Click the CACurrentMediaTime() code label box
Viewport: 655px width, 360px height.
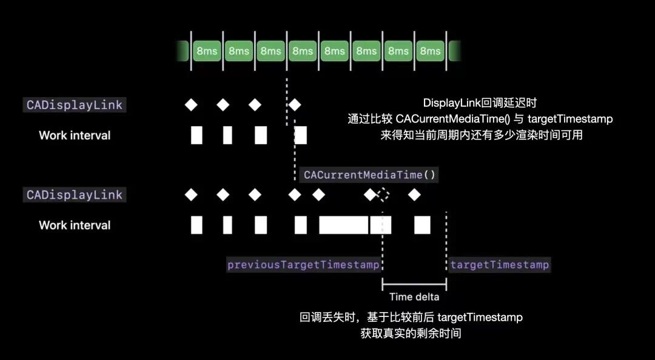pos(369,175)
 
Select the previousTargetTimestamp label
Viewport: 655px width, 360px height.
pos(303,265)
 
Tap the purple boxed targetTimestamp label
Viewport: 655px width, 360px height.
pos(500,265)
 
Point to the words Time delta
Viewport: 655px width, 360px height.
pos(414,297)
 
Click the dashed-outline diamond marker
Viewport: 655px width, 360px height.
pos(383,195)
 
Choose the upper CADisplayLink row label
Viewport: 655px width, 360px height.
pos(74,105)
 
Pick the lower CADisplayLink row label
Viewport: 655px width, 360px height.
pos(74,195)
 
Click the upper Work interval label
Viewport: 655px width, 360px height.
pos(75,135)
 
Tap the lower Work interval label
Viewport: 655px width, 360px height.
pos(75,225)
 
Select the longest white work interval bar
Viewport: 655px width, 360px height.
pos(343,225)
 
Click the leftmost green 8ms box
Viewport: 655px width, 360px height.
pos(207,51)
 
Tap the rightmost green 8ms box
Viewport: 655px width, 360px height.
pos(430,51)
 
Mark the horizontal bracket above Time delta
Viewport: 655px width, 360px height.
pos(414,284)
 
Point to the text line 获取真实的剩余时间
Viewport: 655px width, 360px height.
pos(411,333)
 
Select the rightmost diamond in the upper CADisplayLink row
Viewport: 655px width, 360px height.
pos(295,105)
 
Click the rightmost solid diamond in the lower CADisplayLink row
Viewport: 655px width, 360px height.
pos(414,195)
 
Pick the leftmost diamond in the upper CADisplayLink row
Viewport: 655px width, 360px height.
pos(191,105)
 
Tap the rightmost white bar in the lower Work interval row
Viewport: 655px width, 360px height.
pos(422,225)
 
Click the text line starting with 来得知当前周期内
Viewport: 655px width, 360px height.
pos(482,135)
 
